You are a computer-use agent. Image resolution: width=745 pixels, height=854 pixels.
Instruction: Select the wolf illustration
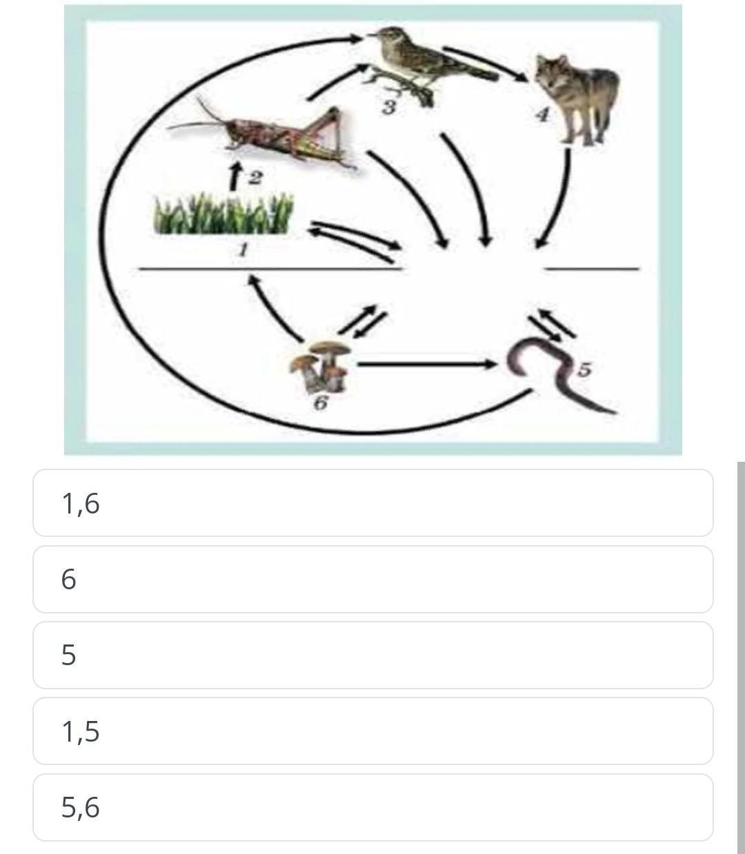(578, 98)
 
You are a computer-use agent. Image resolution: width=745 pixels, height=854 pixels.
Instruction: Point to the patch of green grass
(223, 214)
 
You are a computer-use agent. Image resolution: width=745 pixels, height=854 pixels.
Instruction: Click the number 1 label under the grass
(243, 250)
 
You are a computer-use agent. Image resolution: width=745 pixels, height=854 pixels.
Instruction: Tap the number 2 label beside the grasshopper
(255, 179)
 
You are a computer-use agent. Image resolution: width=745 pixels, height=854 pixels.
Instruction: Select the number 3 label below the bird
(389, 108)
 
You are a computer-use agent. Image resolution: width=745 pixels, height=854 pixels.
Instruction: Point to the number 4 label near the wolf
(543, 114)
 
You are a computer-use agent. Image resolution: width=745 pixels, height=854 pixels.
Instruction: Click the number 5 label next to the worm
(585, 370)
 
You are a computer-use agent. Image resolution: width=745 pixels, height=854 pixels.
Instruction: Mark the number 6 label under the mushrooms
(321, 403)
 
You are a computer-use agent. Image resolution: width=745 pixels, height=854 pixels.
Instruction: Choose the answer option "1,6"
(373, 502)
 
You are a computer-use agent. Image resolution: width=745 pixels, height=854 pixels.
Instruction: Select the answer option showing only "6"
(373, 579)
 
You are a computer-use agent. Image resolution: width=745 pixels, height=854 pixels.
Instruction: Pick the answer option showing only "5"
(373, 655)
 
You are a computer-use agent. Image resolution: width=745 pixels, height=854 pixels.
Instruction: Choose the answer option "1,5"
(373, 731)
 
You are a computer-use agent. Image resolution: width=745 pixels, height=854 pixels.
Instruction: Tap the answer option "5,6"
(373, 807)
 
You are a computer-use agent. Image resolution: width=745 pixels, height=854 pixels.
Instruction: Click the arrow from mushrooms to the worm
(426, 365)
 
